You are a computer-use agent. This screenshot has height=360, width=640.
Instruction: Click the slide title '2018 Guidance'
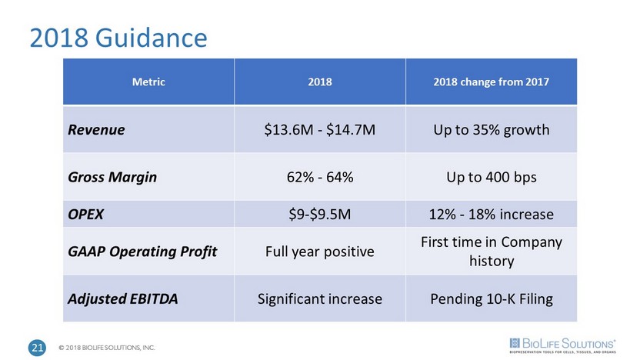pyautogui.click(x=118, y=36)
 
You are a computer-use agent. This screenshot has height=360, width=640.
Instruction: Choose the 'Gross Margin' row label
pyautogui.click(x=112, y=177)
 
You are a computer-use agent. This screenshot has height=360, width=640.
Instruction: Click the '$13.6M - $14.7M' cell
pyautogui.click(x=319, y=128)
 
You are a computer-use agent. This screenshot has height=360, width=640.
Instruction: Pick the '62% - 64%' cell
pyautogui.click(x=319, y=177)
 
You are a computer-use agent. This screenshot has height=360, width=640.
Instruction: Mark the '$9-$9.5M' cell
pyautogui.click(x=319, y=213)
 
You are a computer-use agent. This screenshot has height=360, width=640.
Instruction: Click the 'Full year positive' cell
pyautogui.click(x=319, y=251)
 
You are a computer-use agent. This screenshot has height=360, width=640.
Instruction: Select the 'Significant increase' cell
pyautogui.click(x=319, y=298)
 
